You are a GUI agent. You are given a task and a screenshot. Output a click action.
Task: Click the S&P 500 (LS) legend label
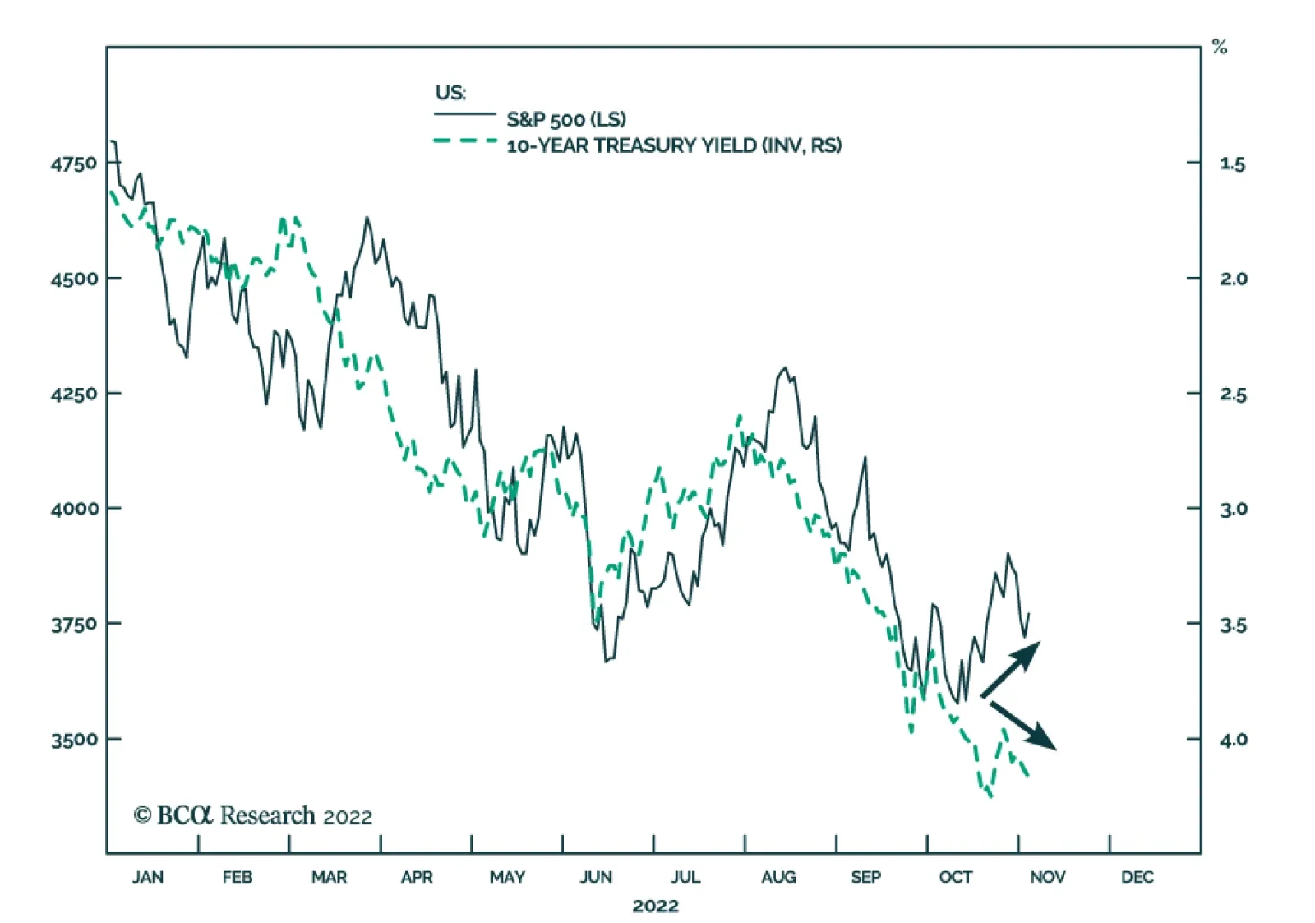coord(565,119)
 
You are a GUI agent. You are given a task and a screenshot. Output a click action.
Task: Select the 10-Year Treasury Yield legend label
coord(674,146)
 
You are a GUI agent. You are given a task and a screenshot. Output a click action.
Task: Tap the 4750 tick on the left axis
coord(74,164)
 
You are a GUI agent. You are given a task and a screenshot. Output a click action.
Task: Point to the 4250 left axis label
coord(74,394)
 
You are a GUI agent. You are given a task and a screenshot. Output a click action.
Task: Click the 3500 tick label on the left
coord(74,740)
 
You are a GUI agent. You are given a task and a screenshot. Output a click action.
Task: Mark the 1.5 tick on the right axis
coord(1233,164)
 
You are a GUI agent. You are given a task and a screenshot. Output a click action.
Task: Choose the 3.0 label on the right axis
coord(1233,510)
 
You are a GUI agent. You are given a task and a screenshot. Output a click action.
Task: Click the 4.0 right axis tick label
coord(1233,740)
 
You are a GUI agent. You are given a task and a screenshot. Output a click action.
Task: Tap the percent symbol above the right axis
coord(1220,48)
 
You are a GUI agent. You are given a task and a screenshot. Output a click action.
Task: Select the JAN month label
coord(148,877)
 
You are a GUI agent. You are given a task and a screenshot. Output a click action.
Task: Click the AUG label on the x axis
coord(778,877)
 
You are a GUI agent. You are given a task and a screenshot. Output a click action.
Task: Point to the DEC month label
coord(1137,877)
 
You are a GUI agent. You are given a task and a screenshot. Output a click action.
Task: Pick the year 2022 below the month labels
coord(655,906)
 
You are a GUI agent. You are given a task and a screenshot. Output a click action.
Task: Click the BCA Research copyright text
coord(253,815)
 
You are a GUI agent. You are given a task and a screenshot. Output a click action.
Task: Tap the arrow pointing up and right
coord(1011,669)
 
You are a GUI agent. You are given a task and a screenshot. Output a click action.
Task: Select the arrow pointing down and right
coord(1023,726)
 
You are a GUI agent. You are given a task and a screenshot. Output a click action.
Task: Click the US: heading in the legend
coord(450,92)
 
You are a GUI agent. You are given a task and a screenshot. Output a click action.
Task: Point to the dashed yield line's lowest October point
coord(990,796)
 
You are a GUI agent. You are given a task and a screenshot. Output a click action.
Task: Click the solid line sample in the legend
coord(464,114)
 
